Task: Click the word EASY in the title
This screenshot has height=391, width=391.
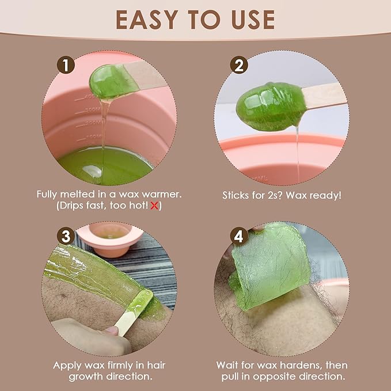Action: (147, 20)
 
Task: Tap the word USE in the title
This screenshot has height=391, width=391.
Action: (253, 20)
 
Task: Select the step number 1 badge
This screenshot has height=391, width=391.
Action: (66, 65)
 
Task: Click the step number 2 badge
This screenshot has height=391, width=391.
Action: (239, 65)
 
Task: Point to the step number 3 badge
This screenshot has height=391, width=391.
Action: (66, 236)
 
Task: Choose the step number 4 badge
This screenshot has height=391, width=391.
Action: (239, 236)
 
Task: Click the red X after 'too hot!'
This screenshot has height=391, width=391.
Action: (154, 206)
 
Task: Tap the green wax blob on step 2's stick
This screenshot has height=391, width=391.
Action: (271, 107)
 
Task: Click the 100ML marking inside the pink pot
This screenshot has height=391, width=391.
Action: (94, 137)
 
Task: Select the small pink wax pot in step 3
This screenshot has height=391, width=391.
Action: (110, 240)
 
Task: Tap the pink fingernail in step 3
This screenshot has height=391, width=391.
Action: (111, 331)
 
